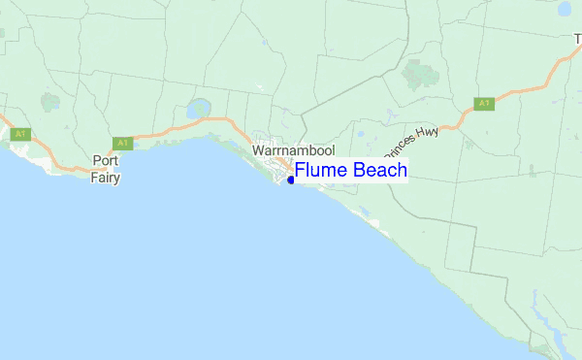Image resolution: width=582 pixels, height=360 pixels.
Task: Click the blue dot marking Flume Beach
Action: point(291,180)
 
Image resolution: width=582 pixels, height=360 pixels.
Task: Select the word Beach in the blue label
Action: point(380,171)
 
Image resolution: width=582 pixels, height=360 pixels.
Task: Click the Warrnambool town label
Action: point(293,151)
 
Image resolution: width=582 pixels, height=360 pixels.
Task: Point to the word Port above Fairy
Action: point(106,161)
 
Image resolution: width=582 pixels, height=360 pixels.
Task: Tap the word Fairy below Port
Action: point(106,178)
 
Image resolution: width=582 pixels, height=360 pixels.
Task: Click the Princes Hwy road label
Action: point(411,142)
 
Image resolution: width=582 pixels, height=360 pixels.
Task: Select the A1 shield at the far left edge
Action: point(19,135)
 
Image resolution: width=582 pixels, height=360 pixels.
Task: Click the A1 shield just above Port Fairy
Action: point(121,143)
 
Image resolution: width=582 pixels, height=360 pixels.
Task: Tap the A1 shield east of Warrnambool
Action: point(482,103)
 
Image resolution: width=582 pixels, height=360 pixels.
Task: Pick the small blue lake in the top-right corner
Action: point(565,9)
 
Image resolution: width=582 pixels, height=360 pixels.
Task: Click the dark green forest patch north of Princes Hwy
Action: point(419,74)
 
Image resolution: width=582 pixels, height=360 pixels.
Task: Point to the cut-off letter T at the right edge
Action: point(577,38)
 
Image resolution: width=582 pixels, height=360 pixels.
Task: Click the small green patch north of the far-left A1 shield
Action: point(48,100)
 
